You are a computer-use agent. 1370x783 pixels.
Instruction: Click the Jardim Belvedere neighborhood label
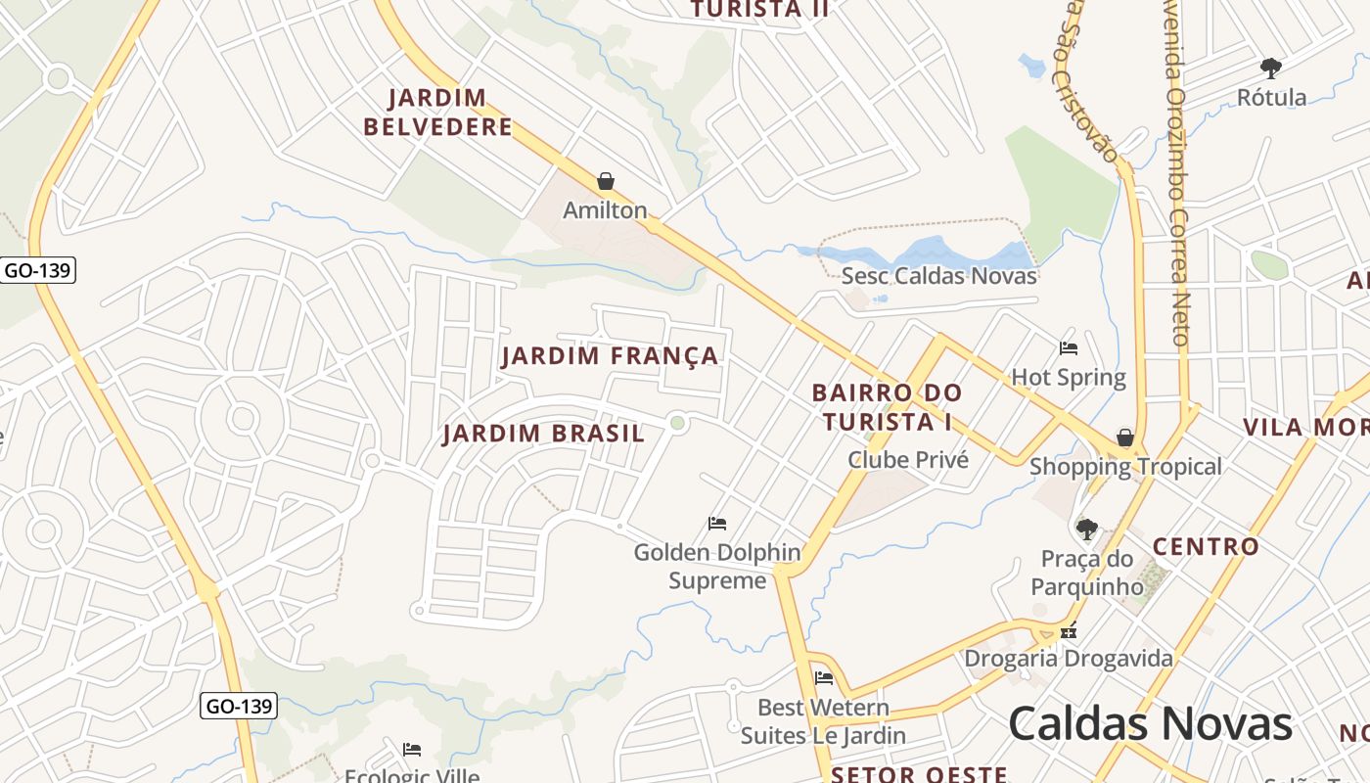point(437,113)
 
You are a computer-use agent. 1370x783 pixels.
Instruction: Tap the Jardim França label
point(611,355)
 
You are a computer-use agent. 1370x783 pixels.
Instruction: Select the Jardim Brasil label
point(543,434)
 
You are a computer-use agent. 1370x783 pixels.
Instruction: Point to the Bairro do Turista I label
point(888,407)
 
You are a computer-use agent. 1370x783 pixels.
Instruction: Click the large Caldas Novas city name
point(1150,724)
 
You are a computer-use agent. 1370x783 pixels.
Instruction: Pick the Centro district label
point(1206,546)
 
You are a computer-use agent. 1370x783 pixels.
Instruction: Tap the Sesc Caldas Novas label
point(938,275)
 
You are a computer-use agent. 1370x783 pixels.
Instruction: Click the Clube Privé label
point(908,460)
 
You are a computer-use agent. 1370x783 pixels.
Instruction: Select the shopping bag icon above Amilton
point(606,182)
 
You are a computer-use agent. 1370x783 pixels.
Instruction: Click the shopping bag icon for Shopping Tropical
point(1125,438)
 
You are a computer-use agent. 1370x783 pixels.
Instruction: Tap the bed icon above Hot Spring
point(1069,348)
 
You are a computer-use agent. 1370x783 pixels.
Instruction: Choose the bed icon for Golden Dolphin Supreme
point(717,524)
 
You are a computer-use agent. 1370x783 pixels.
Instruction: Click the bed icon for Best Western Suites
point(824,677)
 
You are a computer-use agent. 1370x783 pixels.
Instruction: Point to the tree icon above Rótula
point(1271,69)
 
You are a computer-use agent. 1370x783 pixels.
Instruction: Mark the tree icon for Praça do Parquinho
point(1086,530)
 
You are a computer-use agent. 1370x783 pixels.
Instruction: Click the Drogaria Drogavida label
point(1069,659)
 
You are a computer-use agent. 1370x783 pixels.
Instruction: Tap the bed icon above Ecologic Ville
point(412,750)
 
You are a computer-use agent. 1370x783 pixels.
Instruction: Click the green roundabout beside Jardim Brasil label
point(677,423)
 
